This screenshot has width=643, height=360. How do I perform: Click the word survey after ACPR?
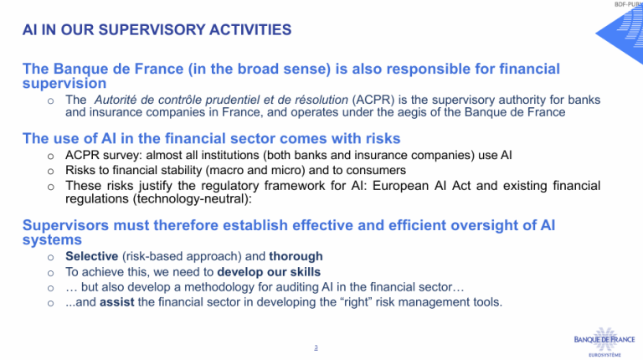[121, 156]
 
